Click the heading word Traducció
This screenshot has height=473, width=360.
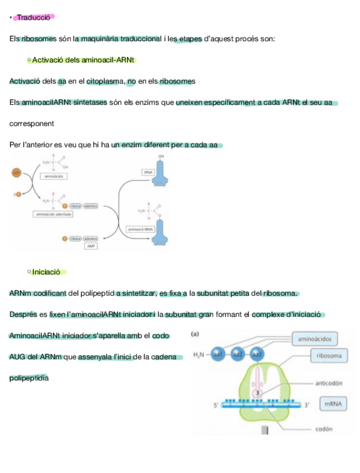click(33, 17)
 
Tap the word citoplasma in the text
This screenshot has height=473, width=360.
click(105, 81)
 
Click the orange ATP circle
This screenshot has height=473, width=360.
click(17, 172)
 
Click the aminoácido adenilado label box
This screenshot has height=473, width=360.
click(53, 214)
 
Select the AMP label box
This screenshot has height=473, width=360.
click(90, 245)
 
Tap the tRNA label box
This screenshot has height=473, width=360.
click(148, 173)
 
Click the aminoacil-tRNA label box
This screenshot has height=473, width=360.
click(140, 229)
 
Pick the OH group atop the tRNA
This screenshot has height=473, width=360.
click(161, 156)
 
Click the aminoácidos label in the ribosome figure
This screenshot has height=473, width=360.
click(315, 338)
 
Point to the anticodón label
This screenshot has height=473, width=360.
click(328, 383)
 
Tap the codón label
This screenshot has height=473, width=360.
click(324, 429)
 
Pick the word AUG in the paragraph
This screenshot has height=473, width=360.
click(18, 357)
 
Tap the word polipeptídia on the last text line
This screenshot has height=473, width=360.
click(29, 378)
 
